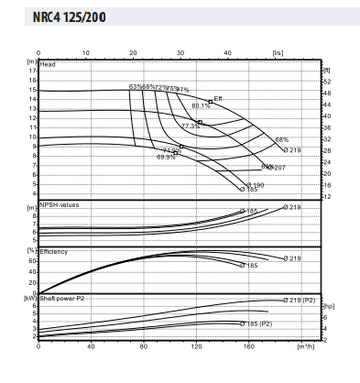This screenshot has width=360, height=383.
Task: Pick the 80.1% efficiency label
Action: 202,105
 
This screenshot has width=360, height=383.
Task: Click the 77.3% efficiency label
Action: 191,126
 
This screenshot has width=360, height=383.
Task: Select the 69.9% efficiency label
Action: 166,157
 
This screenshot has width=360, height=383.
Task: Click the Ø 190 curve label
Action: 256,184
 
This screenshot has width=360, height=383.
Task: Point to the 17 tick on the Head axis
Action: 33,71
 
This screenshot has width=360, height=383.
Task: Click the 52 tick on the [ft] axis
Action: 325,82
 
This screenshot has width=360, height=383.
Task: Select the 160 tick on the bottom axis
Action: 248,347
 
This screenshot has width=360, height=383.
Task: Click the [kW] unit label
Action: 28,298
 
